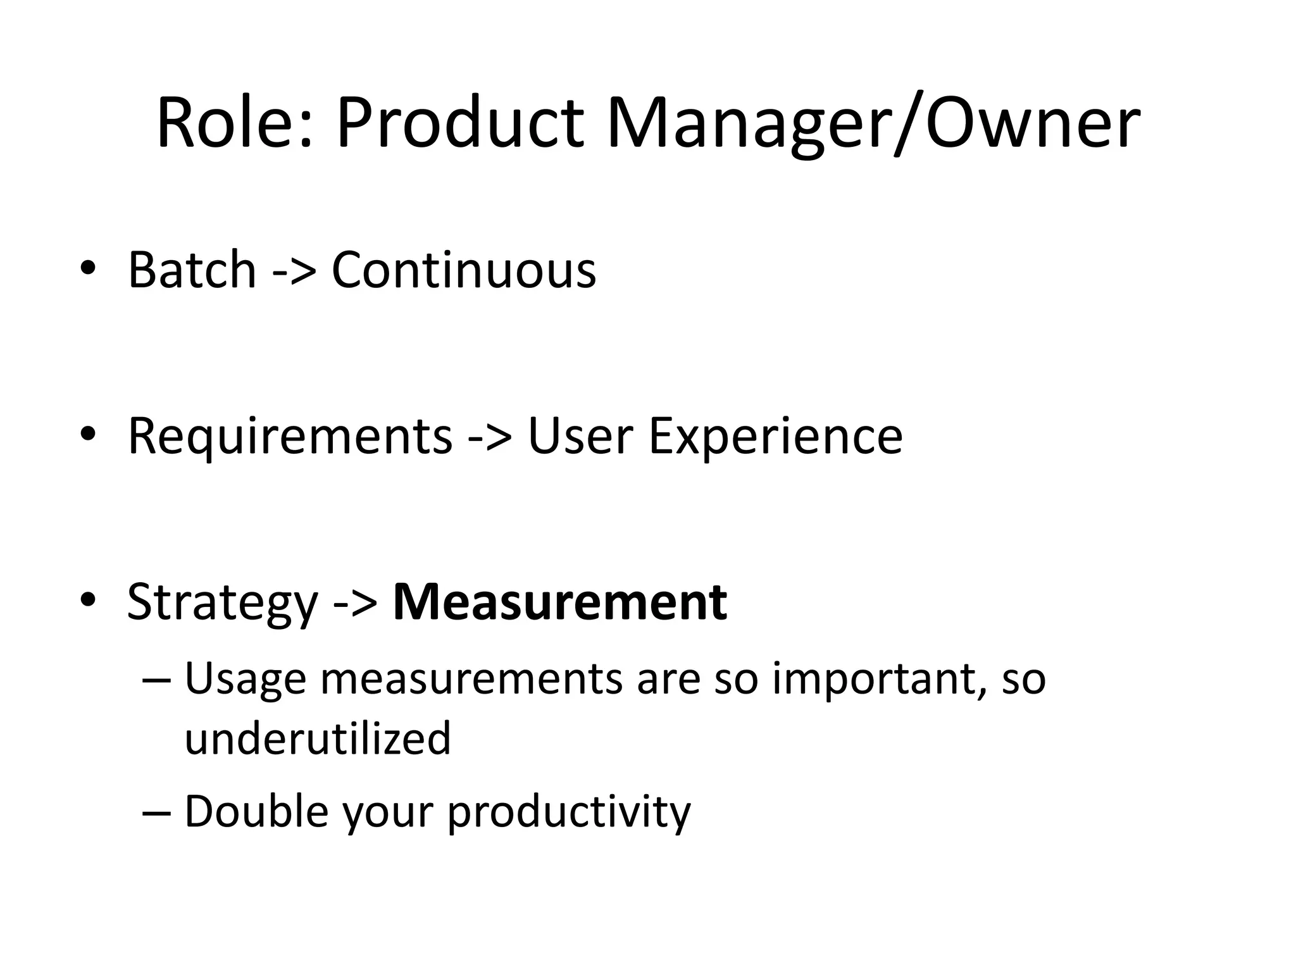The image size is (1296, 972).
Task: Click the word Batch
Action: pos(192,270)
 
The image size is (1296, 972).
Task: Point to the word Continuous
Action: pos(464,270)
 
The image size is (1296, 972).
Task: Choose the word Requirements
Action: pos(290,436)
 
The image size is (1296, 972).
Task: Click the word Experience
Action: pos(775,436)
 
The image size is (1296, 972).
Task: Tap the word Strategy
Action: pos(222,602)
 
